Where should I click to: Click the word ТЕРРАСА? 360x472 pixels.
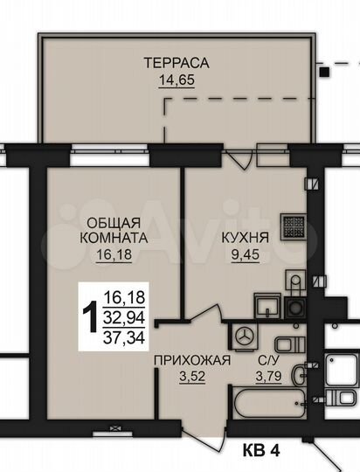coord(177,63)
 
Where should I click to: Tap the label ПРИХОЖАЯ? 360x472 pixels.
coord(191,360)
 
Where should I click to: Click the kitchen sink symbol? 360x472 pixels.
coord(266,306)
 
